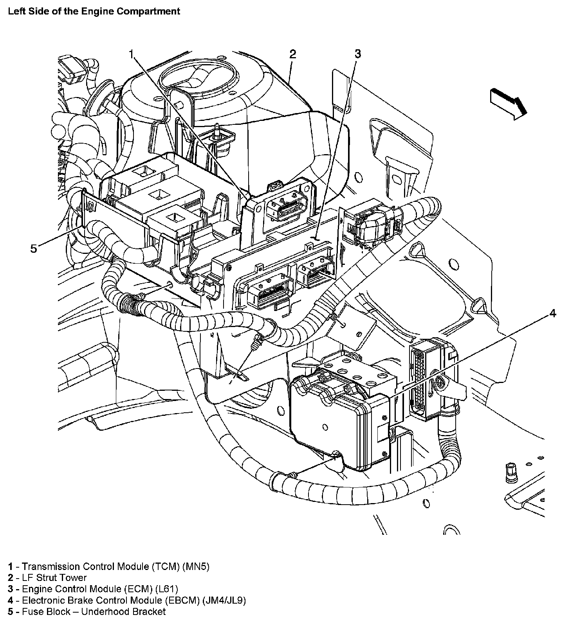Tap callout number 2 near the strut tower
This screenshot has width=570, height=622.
292,54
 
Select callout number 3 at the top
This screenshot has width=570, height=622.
357,54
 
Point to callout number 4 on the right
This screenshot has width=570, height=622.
552,313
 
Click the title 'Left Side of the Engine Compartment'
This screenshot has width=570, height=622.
94,11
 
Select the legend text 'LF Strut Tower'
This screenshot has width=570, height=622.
54,577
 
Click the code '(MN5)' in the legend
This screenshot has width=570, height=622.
196,566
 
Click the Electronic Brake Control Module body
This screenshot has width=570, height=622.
341,419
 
